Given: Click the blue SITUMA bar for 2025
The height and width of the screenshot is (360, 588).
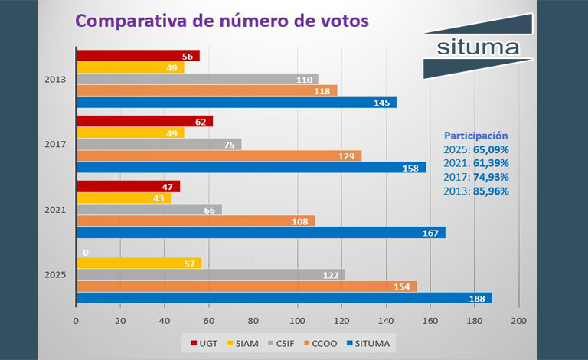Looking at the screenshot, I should (x=283, y=298).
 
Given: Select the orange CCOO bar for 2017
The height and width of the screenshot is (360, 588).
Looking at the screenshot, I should (x=218, y=155).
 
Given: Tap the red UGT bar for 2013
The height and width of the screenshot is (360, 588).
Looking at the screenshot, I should (x=138, y=56).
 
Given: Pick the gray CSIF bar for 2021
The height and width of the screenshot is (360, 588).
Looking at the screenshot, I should (x=149, y=210).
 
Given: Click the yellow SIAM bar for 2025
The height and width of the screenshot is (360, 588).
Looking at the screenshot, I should (x=139, y=263).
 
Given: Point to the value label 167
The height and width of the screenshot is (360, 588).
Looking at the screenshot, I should (x=431, y=233).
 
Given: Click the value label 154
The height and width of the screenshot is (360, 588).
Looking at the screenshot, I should (x=402, y=286).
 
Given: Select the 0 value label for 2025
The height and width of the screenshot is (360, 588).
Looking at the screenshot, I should (x=86, y=252).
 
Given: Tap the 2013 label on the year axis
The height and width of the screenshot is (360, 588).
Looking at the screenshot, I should (x=55, y=79).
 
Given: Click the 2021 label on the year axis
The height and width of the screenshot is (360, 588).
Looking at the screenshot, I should (x=55, y=210).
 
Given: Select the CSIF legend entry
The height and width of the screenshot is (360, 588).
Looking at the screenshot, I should (x=283, y=343).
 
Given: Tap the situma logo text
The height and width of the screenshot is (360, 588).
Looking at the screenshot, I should (x=476, y=47).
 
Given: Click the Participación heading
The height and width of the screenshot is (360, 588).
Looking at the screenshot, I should (x=476, y=135).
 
